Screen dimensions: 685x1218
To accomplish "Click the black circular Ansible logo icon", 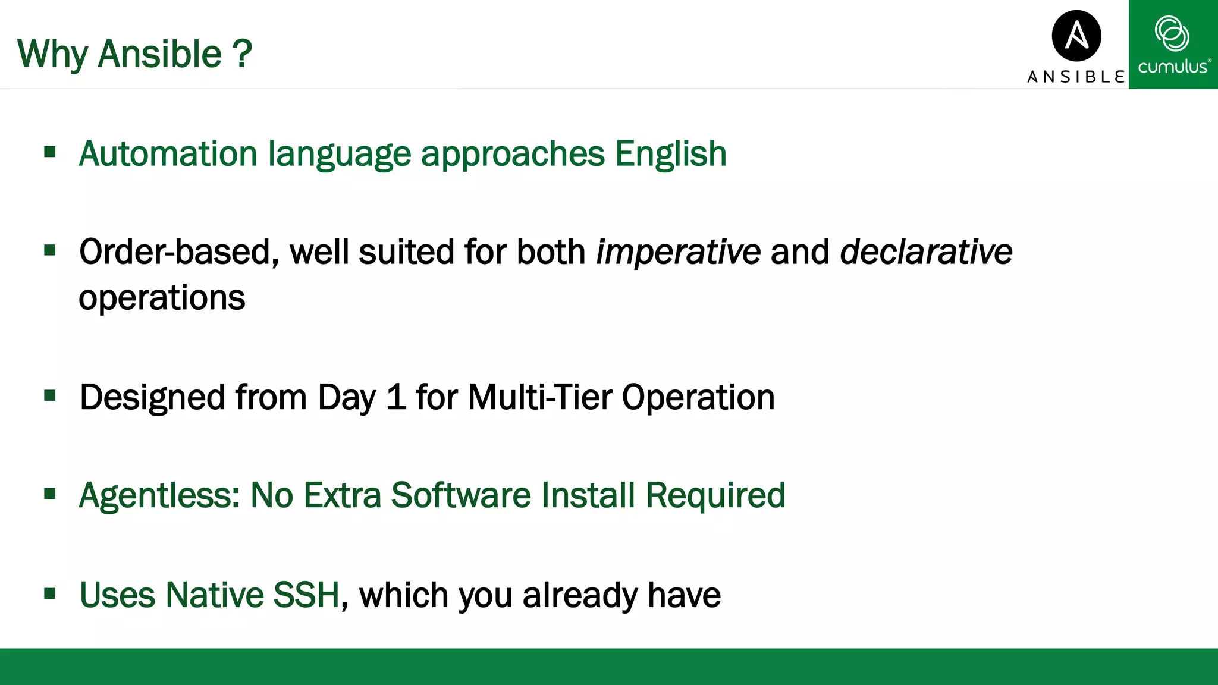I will (1076, 36).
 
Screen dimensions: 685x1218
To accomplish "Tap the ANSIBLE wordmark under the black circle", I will (1076, 77).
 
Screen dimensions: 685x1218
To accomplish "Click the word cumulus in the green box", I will (1172, 67).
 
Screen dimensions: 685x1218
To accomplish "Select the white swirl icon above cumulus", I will (1172, 33).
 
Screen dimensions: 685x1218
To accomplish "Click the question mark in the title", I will (242, 54).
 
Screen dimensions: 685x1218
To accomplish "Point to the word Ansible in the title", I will (159, 54).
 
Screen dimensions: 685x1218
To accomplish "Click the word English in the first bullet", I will (670, 154).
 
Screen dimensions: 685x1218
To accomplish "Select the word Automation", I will (168, 154).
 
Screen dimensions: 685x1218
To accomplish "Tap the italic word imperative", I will (678, 252).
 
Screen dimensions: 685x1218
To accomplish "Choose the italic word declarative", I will (925, 252).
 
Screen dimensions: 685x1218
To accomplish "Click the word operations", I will (162, 298).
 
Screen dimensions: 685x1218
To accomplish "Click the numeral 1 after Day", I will (396, 397).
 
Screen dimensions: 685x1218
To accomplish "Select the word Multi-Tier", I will (539, 397).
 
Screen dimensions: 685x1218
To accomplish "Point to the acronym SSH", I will (306, 595).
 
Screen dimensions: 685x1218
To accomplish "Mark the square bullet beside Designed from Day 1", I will (50, 395).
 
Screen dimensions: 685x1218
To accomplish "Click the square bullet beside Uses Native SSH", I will (50, 593).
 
